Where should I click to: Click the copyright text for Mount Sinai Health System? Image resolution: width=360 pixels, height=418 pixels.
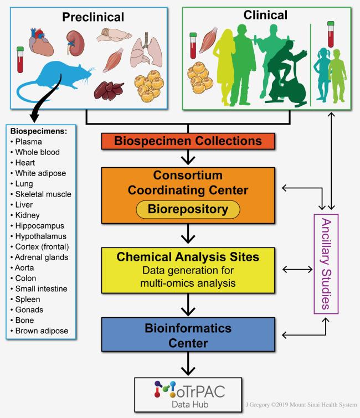tap(301, 405)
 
